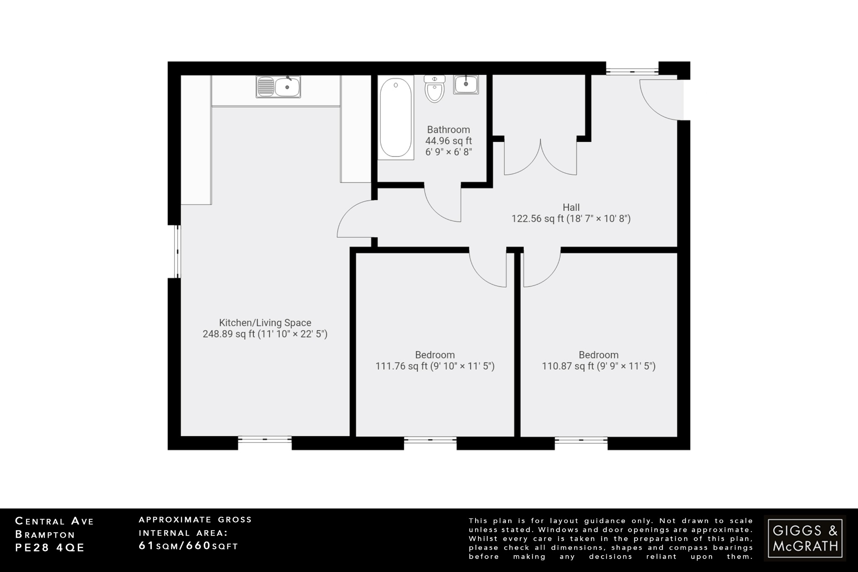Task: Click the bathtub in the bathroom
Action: click(x=395, y=117)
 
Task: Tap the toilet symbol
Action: click(x=434, y=89)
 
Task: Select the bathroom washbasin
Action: click(x=466, y=85)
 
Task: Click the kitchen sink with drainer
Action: click(x=278, y=87)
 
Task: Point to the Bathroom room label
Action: click(x=448, y=129)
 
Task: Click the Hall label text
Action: click(x=571, y=207)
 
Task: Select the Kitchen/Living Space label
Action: click(x=265, y=323)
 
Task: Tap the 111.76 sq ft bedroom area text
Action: click(x=434, y=366)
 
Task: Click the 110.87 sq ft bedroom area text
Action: click(x=598, y=366)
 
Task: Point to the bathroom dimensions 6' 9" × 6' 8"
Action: click(x=448, y=152)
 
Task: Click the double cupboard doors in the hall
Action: click(x=540, y=159)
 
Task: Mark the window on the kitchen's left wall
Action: click(x=178, y=251)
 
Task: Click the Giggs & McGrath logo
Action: click(x=805, y=538)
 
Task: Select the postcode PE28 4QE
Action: click(x=50, y=548)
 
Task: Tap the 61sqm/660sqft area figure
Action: click(x=188, y=546)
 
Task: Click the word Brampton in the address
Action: click(x=45, y=534)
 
